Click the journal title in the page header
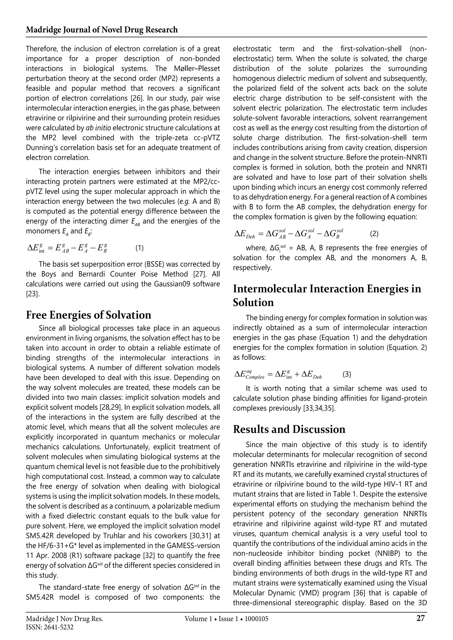point(102,30)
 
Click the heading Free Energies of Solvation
point(88,315)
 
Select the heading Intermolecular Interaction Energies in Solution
point(327,295)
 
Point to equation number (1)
point(140,248)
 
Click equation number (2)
point(374,234)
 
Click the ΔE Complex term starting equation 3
point(249,375)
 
